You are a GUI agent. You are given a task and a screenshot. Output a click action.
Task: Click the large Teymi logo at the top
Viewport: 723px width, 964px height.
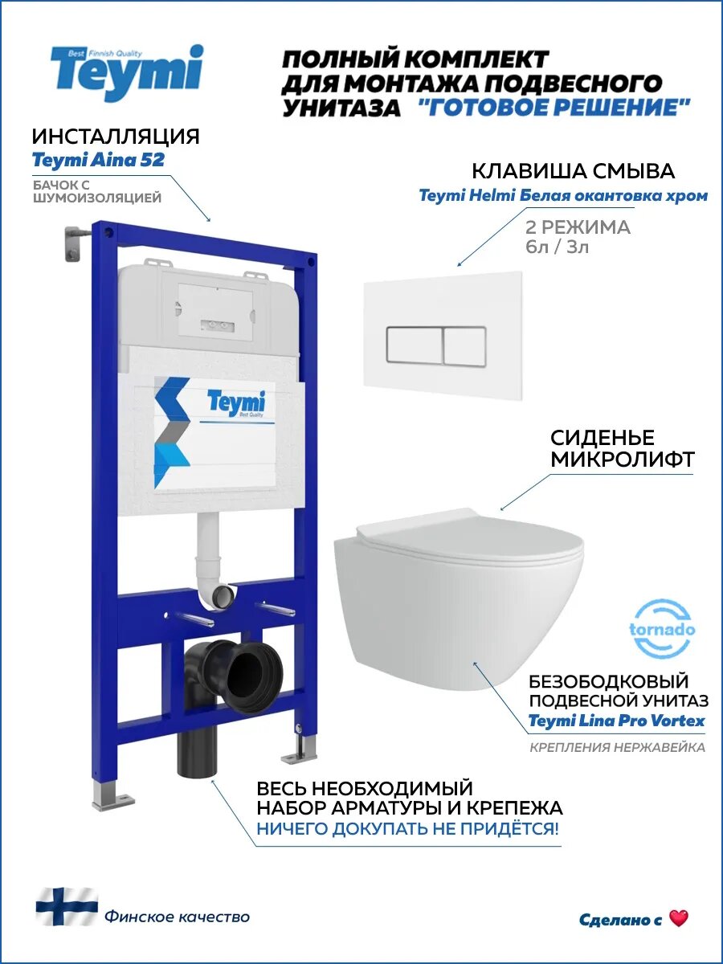pyautogui.click(x=127, y=73)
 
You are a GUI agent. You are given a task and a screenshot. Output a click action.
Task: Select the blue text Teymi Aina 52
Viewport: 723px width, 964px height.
pyautogui.click(x=98, y=160)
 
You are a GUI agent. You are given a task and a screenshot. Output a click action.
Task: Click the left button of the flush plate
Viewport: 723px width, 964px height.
pyautogui.click(x=413, y=346)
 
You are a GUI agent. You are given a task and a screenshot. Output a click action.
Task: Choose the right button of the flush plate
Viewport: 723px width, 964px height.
pyautogui.click(x=464, y=346)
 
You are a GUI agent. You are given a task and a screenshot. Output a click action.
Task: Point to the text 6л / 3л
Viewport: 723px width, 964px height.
pyautogui.click(x=557, y=247)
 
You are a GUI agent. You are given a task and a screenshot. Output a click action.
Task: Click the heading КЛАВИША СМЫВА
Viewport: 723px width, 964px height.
pyautogui.click(x=573, y=171)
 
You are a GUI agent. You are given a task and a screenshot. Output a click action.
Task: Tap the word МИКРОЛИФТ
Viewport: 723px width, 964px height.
pyautogui.click(x=622, y=460)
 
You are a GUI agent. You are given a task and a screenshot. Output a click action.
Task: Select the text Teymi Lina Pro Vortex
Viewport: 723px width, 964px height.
pyautogui.click(x=616, y=721)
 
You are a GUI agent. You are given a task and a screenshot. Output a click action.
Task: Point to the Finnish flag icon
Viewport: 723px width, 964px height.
pyautogui.click(x=66, y=907)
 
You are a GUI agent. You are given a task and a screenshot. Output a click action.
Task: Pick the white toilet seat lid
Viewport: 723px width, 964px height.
pyautogui.click(x=470, y=536)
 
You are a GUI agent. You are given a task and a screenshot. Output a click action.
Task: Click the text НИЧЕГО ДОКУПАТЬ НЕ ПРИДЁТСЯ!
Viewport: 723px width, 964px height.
pyautogui.click(x=407, y=829)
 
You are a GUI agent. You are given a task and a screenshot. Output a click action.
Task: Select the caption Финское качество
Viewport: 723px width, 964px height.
pyautogui.click(x=177, y=917)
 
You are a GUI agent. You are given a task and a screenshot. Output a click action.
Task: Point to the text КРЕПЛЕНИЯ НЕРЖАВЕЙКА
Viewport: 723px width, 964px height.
pyautogui.click(x=617, y=748)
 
